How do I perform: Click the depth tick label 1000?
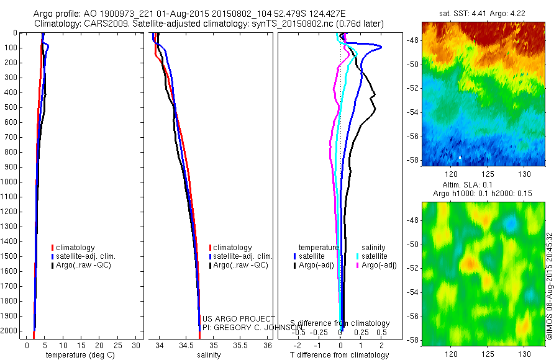coord(11,182)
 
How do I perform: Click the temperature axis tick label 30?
coord(137,345)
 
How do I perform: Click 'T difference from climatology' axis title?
coord(339,355)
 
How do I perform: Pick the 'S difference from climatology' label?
coord(340,323)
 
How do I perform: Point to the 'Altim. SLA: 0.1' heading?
coord(484,186)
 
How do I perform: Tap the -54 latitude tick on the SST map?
coord(412,112)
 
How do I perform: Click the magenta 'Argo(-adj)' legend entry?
coord(379,265)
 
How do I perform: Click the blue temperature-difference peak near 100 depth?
coord(380,47)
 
